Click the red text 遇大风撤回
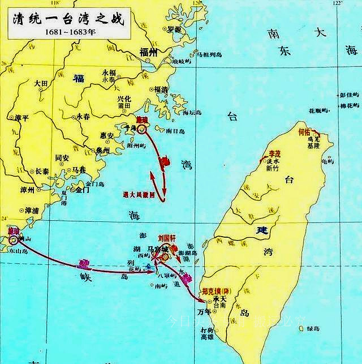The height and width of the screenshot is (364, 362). pos(143,194)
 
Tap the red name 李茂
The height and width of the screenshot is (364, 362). pos(274,153)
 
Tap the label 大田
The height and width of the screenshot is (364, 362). pos(41,83)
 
